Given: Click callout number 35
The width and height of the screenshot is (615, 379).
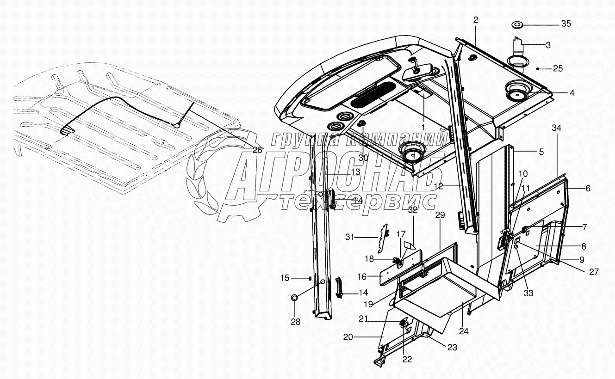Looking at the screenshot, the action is (x=566, y=24).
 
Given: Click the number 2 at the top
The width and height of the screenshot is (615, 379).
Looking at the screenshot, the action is (x=476, y=19).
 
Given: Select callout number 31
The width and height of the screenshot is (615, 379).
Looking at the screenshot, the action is (x=349, y=237).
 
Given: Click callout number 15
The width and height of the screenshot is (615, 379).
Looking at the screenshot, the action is (x=284, y=278).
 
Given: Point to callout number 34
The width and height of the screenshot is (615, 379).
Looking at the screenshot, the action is (x=556, y=128).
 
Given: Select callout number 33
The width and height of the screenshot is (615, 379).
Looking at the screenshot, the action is (x=528, y=293).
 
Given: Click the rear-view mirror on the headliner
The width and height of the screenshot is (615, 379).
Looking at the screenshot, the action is (x=416, y=73).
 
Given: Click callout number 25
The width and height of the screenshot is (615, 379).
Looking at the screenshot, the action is (x=558, y=69).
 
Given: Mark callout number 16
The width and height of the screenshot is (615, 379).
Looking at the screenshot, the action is (x=362, y=276).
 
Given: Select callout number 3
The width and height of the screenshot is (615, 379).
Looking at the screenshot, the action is (x=548, y=45).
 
